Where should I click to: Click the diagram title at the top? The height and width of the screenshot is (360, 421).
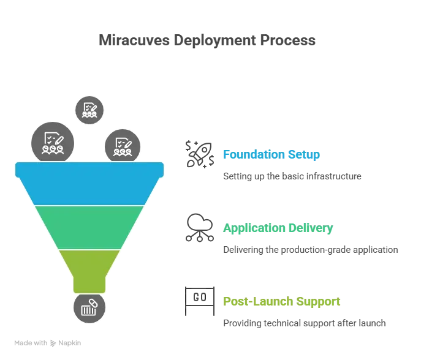[x=208, y=42]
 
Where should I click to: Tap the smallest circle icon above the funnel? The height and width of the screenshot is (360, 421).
[x=89, y=110]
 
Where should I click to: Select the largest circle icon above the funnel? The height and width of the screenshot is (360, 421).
[x=52, y=143]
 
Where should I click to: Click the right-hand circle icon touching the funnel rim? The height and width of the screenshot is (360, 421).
[x=123, y=147]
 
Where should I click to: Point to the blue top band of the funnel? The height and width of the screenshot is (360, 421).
[x=89, y=184]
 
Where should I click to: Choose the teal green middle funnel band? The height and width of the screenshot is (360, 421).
[x=89, y=227]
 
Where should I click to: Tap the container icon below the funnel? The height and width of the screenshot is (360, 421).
[x=89, y=307]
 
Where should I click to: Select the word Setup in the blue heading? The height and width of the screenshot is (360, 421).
[x=304, y=155]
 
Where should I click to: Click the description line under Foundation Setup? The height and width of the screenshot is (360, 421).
[x=291, y=176]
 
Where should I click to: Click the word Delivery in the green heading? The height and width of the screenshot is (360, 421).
[x=312, y=229]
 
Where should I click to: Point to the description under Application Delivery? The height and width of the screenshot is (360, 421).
[x=311, y=250]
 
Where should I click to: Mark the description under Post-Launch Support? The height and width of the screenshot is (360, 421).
[x=303, y=323]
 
